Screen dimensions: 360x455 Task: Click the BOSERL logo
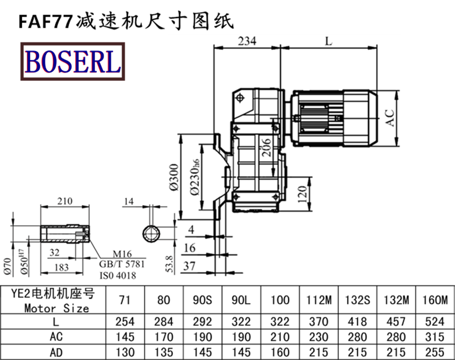72,62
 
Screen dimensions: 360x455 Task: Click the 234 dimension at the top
247,41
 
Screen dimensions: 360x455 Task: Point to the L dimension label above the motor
328,41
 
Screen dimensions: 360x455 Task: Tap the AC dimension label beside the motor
390,117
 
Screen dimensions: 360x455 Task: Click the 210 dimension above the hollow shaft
64,201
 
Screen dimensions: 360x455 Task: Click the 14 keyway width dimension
129,201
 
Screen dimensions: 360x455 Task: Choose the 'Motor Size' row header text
57,308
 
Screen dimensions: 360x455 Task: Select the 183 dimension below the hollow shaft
61,267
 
